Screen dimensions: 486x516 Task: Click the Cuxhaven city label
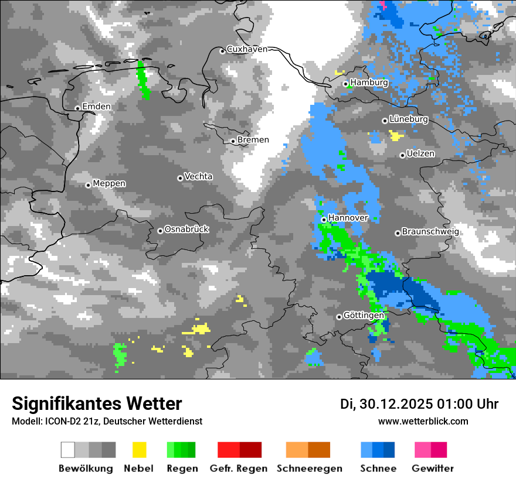pyautogui.click(x=247, y=49)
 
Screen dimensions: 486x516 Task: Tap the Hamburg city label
pyautogui.click(x=369, y=83)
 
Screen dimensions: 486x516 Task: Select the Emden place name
pyautogui.click(x=96, y=107)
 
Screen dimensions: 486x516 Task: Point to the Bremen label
pyautogui.click(x=253, y=140)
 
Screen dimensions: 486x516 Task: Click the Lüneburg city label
pyautogui.click(x=408, y=119)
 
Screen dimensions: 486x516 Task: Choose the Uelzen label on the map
pyautogui.click(x=420, y=153)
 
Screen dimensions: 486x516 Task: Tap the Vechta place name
pyautogui.click(x=198, y=176)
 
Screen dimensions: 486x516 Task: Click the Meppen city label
pyautogui.click(x=109, y=184)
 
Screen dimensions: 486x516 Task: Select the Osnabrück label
pyautogui.click(x=186, y=230)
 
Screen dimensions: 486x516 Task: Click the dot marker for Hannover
pyautogui.click(x=324, y=220)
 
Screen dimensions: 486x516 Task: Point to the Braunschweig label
pyautogui.click(x=430, y=231)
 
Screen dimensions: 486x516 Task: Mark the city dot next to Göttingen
pyautogui.click(x=339, y=317)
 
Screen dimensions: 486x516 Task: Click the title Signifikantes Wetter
pyautogui.click(x=97, y=404)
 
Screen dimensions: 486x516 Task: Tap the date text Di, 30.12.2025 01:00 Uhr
pyautogui.click(x=419, y=404)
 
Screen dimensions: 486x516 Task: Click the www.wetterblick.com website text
pyautogui.click(x=423, y=422)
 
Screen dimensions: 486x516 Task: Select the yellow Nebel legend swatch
pyautogui.click(x=139, y=450)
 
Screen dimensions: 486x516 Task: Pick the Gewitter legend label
pyautogui.click(x=432, y=468)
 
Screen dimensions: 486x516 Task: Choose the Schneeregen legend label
pyautogui.click(x=309, y=468)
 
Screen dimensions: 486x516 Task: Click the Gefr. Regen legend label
pyautogui.click(x=239, y=468)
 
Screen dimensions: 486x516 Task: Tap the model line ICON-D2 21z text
pyautogui.click(x=107, y=422)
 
